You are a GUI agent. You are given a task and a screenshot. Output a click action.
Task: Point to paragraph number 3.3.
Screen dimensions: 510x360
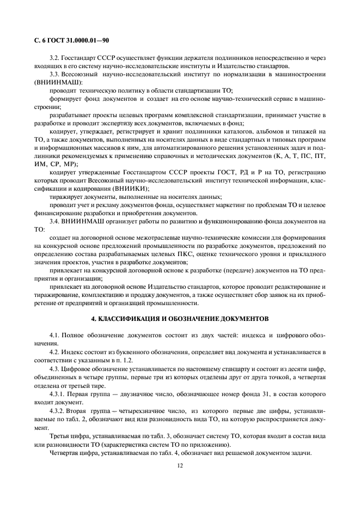[x=54, y=74]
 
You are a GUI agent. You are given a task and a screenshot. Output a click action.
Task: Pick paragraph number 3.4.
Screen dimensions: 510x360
[x=54, y=221]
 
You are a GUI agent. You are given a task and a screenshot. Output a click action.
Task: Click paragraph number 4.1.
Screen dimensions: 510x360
[x=54, y=333]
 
